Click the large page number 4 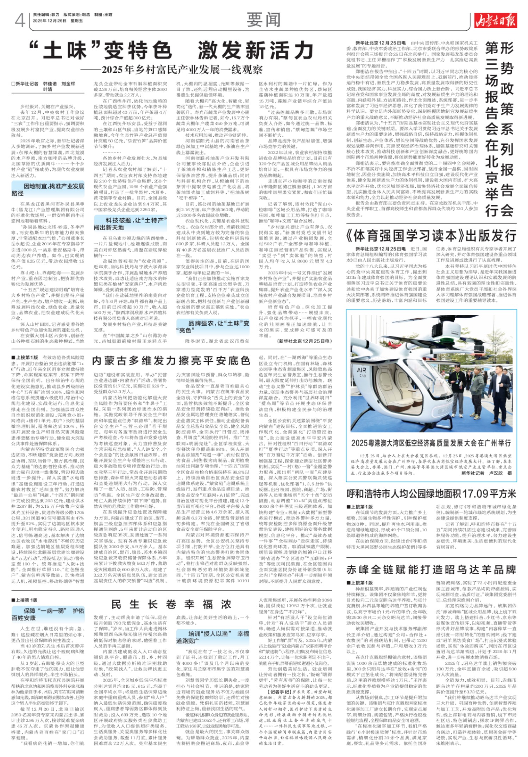pos(20,20)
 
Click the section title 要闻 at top pos(264,20)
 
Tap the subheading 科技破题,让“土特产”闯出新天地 pos(130,224)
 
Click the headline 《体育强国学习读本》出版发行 pos(432,236)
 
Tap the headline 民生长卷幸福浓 pos(171,604)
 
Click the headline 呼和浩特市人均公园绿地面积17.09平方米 pos(431,494)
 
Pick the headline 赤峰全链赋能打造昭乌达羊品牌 pos(431,570)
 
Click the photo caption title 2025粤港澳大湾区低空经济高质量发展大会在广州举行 pos(431,443)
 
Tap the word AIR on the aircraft pos(362,370)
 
